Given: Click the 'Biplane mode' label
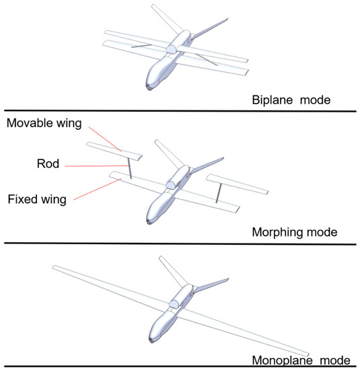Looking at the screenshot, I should click(x=290, y=100).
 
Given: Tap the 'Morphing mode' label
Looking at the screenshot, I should click(x=293, y=233).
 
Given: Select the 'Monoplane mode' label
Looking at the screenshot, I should click(x=296, y=359).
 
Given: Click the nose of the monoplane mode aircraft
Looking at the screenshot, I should click(x=154, y=342).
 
